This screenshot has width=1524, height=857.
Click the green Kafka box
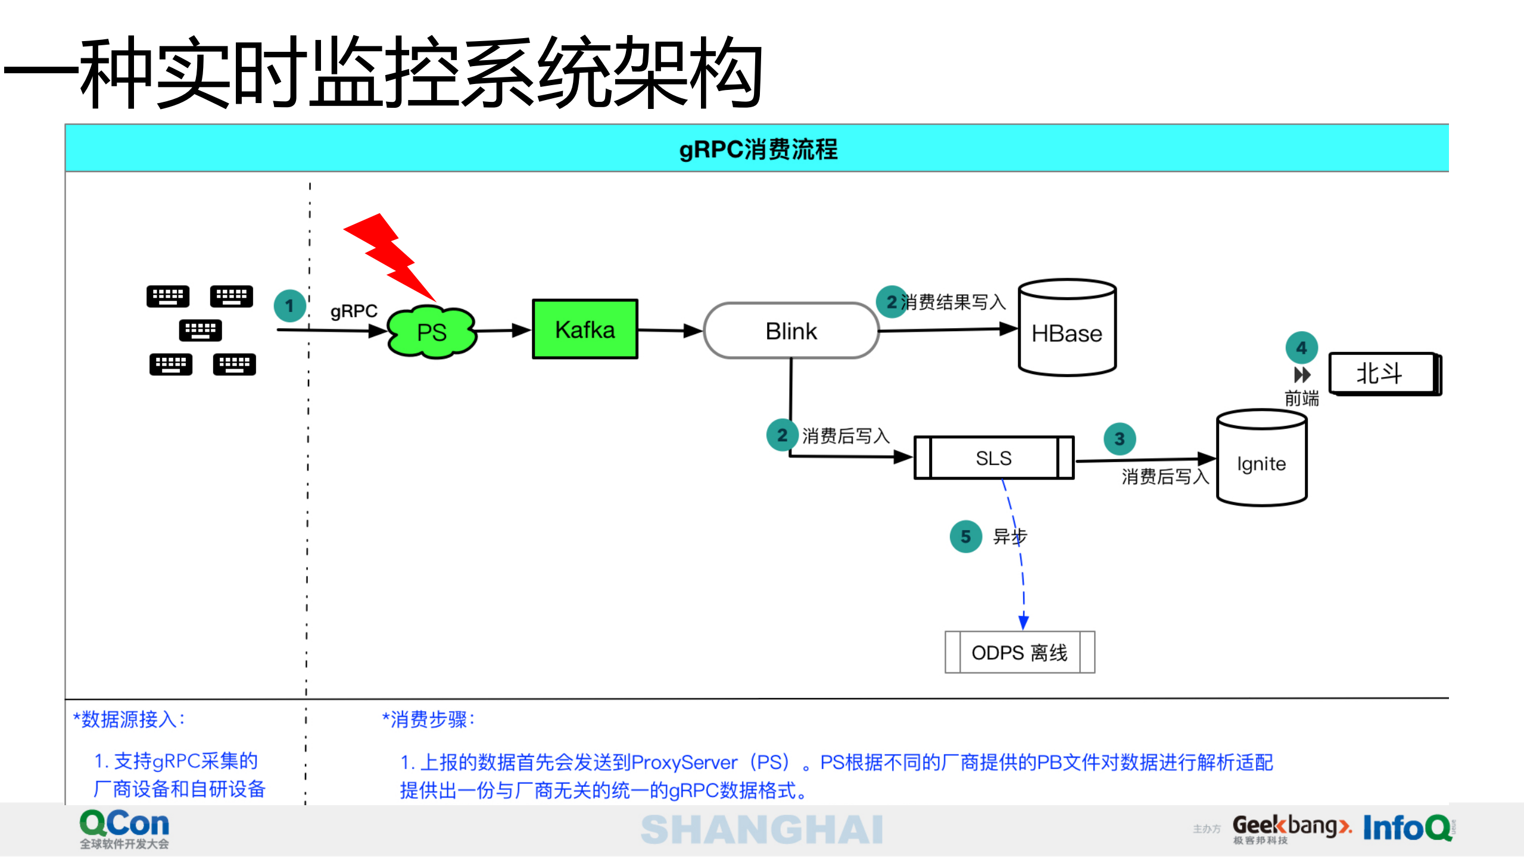[x=585, y=329]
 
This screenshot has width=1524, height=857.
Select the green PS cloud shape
[x=432, y=332]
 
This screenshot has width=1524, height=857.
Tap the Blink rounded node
[x=791, y=331]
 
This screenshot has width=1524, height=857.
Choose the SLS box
[x=993, y=457]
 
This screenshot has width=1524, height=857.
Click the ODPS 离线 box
[x=1020, y=652]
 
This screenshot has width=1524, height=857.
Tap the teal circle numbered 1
[x=289, y=306]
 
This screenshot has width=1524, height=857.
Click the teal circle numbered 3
[x=1119, y=439]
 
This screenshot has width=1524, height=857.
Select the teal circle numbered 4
[x=1301, y=347]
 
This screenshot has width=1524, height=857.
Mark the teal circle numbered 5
[x=965, y=537]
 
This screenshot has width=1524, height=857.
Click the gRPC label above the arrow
[x=354, y=311]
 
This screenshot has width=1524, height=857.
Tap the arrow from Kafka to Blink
[x=670, y=330]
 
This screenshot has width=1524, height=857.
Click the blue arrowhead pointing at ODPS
[x=1023, y=622]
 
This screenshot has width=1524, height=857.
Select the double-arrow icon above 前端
[x=1302, y=375]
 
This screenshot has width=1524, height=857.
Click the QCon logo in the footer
[x=124, y=828]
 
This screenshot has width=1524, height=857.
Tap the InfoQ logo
[x=1407, y=827]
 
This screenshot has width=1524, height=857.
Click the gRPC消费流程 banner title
[x=758, y=149]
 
